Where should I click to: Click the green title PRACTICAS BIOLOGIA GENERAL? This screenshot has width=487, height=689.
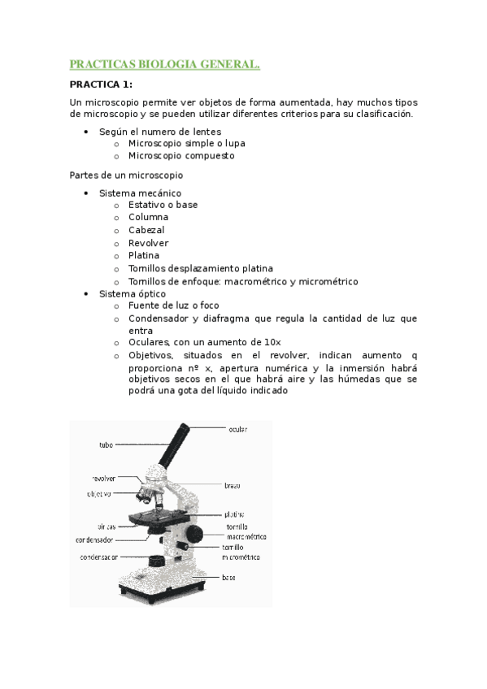[164, 64]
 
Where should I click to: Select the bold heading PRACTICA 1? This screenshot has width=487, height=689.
[101, 84]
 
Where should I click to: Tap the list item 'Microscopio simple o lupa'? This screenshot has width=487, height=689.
[186, 143]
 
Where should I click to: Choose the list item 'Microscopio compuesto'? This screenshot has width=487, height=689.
[180, 155]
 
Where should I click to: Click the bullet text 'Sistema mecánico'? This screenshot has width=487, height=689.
[134, 193]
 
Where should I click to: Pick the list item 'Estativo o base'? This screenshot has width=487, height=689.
[163, 205]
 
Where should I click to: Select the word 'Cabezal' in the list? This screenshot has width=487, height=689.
[146, 230]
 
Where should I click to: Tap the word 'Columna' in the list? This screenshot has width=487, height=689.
[148, 217]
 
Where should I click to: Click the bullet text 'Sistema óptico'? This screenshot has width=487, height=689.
[132, 293]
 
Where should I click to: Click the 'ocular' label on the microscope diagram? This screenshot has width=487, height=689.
[237, 429]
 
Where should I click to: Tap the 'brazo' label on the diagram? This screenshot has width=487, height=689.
[233, 485]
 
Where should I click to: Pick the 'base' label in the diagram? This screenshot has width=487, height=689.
[228, 577]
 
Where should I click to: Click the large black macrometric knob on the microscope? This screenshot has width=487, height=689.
[194, 534]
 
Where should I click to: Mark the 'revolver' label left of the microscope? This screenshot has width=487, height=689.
[102, 479]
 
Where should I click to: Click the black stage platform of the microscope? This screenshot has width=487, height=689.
[154, 518]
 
